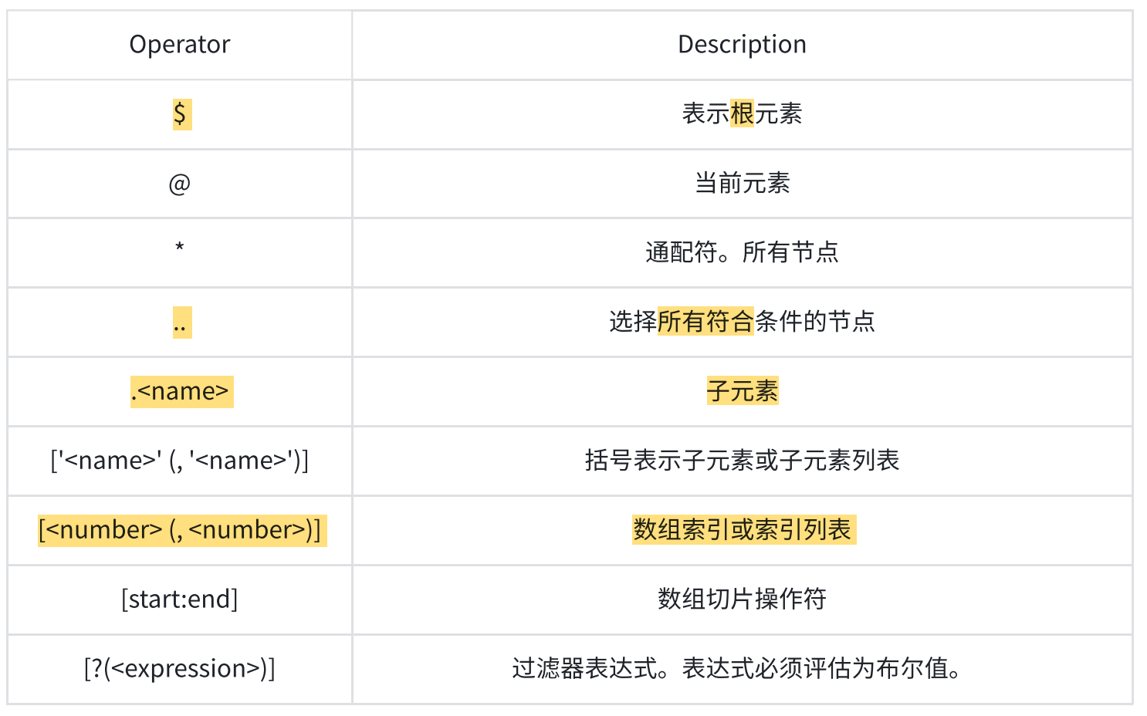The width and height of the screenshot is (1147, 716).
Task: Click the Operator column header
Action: [180, 45]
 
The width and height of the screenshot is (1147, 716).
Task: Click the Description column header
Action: [742, 45]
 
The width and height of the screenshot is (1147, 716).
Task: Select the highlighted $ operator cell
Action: [181, 114]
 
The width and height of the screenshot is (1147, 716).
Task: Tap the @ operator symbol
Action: [180, 184]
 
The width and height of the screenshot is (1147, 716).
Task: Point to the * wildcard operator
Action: [180, 248]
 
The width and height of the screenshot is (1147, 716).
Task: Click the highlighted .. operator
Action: [181, 323]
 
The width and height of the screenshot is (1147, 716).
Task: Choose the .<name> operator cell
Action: [181, 391]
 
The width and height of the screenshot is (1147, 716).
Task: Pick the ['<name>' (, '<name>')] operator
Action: [180, 461]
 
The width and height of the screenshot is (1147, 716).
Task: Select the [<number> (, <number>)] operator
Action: [181, 530]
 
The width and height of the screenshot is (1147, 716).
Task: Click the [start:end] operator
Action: [180, 599]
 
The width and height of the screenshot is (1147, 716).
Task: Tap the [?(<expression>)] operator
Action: [180, 668]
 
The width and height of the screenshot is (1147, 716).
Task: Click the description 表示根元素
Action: [742, 114]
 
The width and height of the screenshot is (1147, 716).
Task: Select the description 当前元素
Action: [742, 184]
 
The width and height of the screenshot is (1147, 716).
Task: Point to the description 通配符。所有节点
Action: [742, 252]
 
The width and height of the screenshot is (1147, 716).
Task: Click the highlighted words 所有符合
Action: [705, 322]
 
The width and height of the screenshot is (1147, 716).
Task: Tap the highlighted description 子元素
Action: [742, 391]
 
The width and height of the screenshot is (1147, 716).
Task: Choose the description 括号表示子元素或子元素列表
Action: [742, 461]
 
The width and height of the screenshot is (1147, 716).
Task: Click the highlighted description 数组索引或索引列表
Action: [743, 530]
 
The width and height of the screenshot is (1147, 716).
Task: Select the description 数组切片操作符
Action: [742, 599]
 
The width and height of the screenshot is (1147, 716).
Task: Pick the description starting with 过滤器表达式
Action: [738, 668]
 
